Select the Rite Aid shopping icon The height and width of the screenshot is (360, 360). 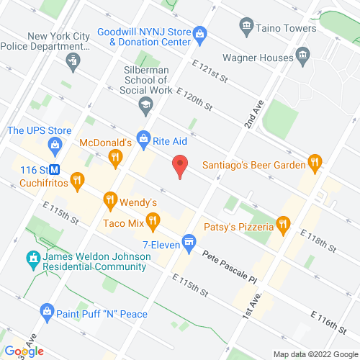(143, 137)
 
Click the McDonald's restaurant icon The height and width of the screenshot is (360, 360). (114, 157)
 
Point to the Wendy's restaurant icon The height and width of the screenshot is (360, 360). (109, 199)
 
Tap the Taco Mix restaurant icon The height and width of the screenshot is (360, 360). (152, 220)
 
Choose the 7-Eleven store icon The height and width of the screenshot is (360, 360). (189, 240)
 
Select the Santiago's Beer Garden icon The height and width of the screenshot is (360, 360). (314, 162)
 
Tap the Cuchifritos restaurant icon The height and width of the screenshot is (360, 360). (78, 180)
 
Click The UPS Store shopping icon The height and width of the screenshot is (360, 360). (54, 145)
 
